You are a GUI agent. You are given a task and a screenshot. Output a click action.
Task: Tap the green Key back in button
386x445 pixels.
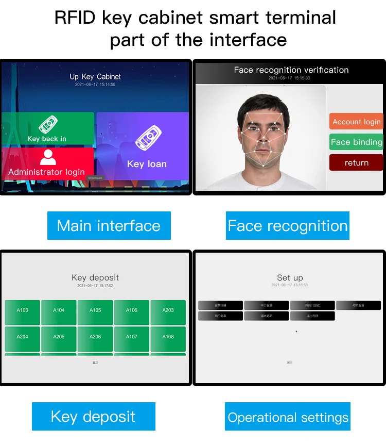click(47, 129)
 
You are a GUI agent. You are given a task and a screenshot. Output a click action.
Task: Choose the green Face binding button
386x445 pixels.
click(356, 142)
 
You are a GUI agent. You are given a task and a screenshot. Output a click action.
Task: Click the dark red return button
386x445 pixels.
click(356, 162)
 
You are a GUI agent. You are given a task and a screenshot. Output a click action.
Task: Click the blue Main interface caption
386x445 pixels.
click(109, 226)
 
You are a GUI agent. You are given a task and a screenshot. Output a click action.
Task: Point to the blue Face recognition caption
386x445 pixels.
click(288, 226)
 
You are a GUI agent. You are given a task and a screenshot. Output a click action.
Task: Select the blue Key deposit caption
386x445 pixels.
click(93, 417)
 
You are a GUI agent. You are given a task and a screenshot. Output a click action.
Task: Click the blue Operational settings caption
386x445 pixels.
click(288, 417)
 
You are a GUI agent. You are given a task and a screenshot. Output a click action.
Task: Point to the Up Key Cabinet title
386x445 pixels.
click(95, 77)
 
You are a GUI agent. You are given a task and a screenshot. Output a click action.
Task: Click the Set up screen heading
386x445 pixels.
click(290, 277)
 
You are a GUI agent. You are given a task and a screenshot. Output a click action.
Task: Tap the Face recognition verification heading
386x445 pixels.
click(291, 70)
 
